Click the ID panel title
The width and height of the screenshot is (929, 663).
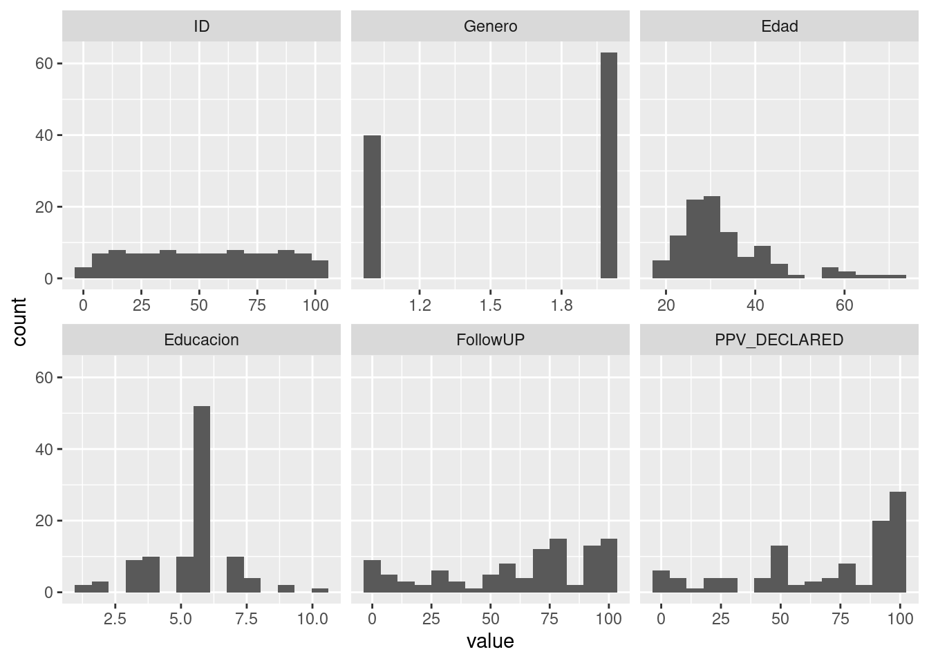pyautogui.click(x=201, y=26)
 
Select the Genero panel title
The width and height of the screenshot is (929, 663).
pyautogui.click(x=490, y=26)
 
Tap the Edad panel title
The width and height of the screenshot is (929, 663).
pyautogui.click(x=779, y=26)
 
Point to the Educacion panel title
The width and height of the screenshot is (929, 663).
pyautogui.click(x=201, y=340)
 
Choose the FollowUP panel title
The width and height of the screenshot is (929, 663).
pyautogui.click(x=490, y=340)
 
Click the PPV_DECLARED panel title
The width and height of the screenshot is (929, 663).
pyautogui.click(x=779, y=340)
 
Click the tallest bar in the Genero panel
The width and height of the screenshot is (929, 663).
pyautogui.click(x=608, y=166)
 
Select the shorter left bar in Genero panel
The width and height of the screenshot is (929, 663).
pyautogui.click(x=372, y=207)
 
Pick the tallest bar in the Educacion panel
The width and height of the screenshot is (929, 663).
pyautogui.click(x=202, y=499)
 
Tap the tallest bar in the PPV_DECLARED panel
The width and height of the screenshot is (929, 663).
pyautogui.click(x=897, y=542)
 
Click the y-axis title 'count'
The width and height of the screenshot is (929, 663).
pyautogui.click(x=19, y=322)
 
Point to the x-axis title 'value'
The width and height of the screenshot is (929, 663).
pyautogui.click(x=490, y=642)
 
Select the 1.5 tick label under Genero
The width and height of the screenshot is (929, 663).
pyautogui.click(x=490, y=305)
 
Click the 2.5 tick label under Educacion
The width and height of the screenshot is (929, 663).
pyautogui.click(x=115, y=619)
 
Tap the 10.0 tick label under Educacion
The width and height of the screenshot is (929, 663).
pyautogui.click(x=312, y=619)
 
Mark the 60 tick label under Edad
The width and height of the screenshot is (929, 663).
pyautogui.click(x=844, y=305)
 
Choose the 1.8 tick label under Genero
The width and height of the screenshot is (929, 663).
pyautogui.click(x=561, y=305)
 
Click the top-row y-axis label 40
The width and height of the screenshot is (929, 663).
pyautogui.click(x=44, y=135)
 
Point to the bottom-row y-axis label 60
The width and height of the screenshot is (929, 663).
pyautogui.click(x=44, y=378)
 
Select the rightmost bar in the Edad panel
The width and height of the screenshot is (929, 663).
pyautogui.click(x=897, y=276)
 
